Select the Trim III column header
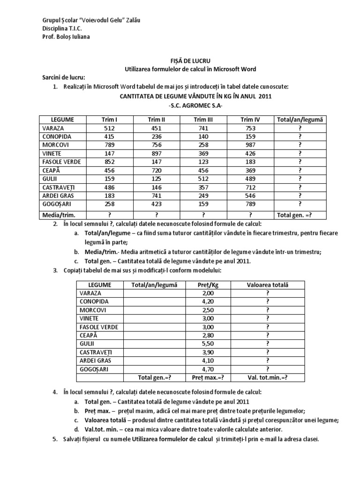203,120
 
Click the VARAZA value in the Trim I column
110,128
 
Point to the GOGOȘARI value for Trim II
157,204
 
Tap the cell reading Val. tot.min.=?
268,377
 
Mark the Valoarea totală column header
268,285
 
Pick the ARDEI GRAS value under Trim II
157,195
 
